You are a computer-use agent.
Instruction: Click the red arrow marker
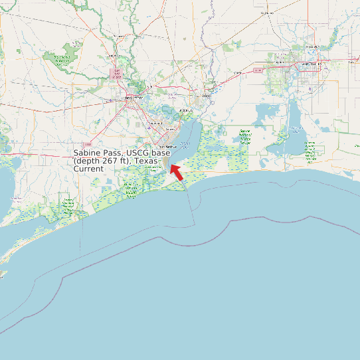click(x=175, y=171)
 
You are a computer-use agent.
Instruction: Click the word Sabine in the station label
click(x=87, y=153)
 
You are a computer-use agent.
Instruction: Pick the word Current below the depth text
click(x=88, y=169)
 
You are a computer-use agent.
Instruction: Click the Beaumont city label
click(x=133, y=98)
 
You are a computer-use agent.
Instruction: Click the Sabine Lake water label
click(x=185, y=143)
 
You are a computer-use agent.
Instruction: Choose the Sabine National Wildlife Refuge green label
click(x=245, y=137)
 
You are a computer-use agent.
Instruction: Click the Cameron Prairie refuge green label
click(x=310, y=150)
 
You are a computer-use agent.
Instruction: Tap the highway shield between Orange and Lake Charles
click(x=257, y=69)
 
